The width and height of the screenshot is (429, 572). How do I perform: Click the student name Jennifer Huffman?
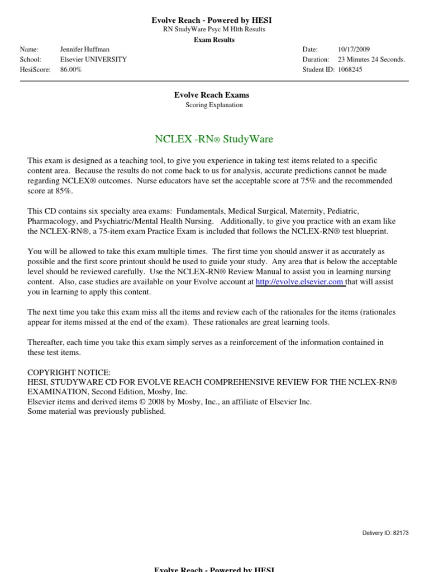(85, 49)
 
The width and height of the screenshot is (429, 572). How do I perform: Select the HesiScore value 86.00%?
(71, 70)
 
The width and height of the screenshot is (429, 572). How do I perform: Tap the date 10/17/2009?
(354, 49)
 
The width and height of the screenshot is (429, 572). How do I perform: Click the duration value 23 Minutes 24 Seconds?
(371, 59)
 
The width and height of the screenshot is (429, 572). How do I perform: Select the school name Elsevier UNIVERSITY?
(93, 59)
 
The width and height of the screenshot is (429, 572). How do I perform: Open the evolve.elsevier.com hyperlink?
(299, 283)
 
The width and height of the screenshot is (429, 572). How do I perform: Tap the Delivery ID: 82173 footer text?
(385, 533)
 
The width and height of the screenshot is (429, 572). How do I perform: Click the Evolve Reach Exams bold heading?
(212, 95)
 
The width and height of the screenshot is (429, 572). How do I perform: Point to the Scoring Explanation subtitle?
(214, 104)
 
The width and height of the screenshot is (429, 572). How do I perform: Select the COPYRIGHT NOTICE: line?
(69, 372)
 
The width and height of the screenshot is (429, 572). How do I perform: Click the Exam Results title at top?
(214, 40)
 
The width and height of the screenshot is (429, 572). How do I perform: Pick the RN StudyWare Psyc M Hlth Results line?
(214, 30)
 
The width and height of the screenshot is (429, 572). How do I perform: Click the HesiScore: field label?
(35, 70)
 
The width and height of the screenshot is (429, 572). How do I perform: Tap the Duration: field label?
(316, 59)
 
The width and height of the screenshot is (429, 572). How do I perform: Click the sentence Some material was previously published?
(97, 411)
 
